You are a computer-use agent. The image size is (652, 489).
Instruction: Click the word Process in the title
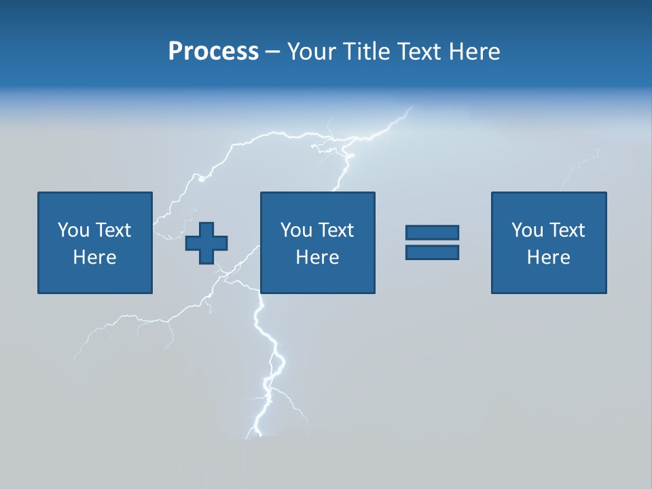coord(213,52)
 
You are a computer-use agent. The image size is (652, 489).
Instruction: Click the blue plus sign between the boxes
coord(206,242)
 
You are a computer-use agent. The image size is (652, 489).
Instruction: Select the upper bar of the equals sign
coord(432,233)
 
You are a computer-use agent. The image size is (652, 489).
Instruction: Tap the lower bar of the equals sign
coord(432,253)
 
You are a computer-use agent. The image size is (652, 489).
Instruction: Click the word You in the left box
coord(73,230)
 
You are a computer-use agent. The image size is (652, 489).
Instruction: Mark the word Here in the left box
coord(94,257)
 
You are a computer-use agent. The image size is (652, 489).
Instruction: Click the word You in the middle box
coord(295,230)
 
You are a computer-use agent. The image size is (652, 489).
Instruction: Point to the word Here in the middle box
coord(317,257)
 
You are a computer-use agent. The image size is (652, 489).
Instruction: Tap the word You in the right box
coord(526,230)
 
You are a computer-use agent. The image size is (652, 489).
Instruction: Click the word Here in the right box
coord(548,257)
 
